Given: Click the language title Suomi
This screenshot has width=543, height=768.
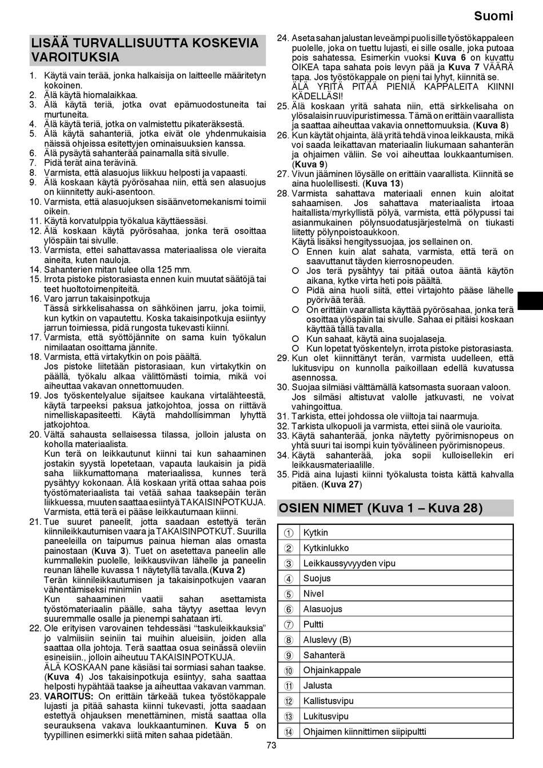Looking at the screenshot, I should pos(494,16).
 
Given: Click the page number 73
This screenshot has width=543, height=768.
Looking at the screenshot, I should pos(271,745).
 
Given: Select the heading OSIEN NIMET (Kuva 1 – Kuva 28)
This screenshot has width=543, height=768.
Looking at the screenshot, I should pos(380,508).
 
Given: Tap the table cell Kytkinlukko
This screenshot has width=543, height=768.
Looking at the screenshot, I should pos(326,548).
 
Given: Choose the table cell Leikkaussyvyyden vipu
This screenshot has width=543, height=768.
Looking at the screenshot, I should pos(349,563).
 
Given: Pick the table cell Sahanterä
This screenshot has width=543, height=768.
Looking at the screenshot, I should pos(324,655).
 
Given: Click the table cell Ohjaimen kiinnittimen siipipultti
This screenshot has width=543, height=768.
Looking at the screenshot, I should pos(365,731).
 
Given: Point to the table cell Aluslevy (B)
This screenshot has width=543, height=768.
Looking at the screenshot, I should pos(327,640).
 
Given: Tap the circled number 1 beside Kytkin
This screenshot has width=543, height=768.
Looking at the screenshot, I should pos(289,533).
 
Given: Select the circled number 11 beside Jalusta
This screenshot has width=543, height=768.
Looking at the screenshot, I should pos(289,686).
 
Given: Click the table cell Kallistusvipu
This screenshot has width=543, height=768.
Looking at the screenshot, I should pos(328,701).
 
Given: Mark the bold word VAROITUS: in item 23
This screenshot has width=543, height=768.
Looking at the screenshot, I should pos(69,696).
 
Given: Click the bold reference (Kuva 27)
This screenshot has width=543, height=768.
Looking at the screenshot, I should pos(341,484).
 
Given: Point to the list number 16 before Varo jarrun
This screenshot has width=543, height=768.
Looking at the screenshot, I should pos(35,299).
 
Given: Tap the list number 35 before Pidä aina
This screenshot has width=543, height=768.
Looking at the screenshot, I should pos(282,475).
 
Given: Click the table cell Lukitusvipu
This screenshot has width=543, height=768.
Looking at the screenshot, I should pos(326,716).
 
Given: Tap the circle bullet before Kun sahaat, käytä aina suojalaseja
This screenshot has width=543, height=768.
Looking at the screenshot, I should pos(296,339).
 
